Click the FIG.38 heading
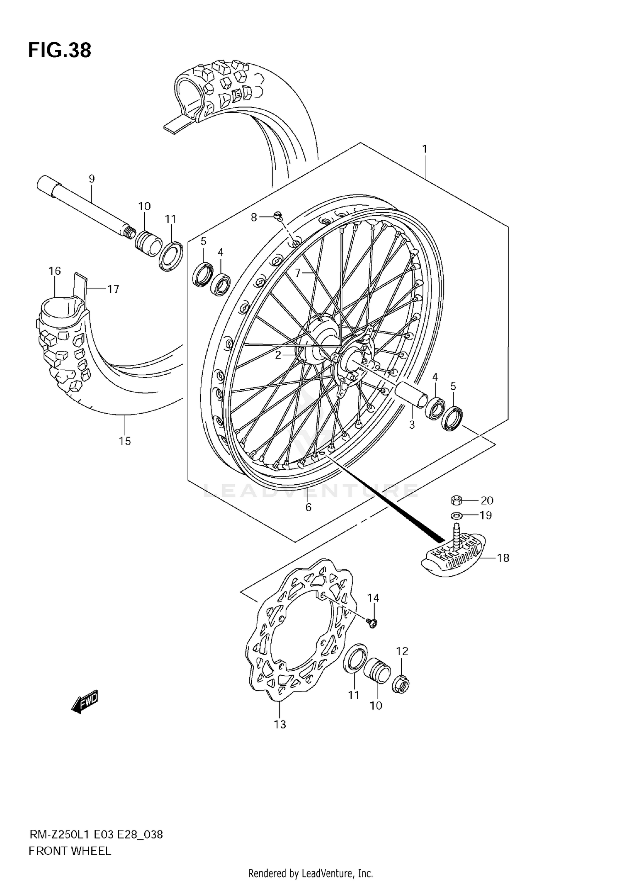click(x=60, y=51)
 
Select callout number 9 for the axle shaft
click(x=92, y=179)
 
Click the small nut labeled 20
click(x=457, y=500)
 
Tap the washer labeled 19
click(x=457, y=515)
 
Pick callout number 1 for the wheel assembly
click(x=425, y=148)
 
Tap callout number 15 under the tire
click(x=125, y=441)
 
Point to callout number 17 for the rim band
click(x=113, y=289)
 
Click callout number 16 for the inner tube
click(x=54, y=271)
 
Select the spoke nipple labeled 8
click(x=278, y=215)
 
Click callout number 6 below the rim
click(x=308, y=507)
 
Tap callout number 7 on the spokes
click(x=298, y=273)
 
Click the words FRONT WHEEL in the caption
click(x=70, y=851)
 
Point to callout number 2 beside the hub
click(x=278, y=354)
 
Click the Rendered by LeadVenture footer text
click(x=311, y=874)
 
